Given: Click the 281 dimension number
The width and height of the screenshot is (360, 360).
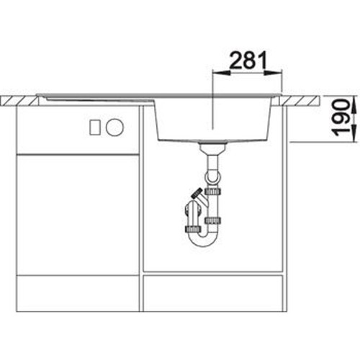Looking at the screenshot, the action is tap(248, 60).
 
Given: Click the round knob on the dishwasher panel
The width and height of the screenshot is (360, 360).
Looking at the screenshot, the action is tap(114, 127).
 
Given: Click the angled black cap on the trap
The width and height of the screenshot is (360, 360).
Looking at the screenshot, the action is tap(196, 192).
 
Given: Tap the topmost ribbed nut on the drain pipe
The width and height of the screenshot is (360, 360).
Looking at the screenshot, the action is tap(213, 192).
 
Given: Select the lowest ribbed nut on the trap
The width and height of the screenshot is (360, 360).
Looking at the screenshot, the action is tap(193, 229).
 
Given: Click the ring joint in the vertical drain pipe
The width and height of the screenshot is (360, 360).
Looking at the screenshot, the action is tap(212, 178).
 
